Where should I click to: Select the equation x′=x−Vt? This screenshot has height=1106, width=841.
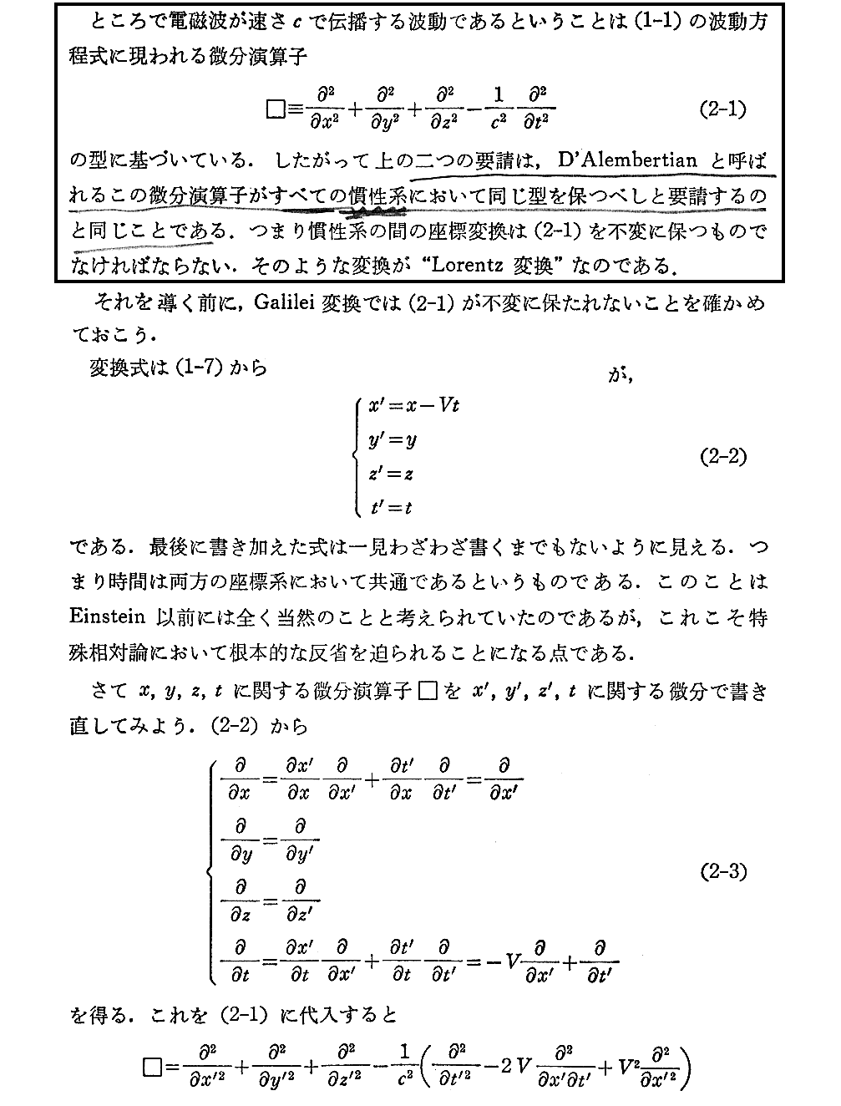[413, 407]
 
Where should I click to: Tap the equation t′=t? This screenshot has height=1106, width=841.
[390, 506]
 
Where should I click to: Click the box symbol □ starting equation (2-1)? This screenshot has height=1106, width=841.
[274, 109]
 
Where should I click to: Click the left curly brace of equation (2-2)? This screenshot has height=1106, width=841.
[357, 456]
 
